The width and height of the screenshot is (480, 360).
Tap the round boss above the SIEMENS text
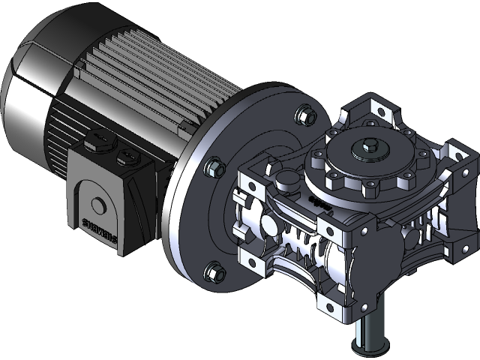(97, 204)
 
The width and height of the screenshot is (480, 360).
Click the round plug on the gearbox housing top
(284, 180)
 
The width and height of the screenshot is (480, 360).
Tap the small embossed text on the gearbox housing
(319, 202)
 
